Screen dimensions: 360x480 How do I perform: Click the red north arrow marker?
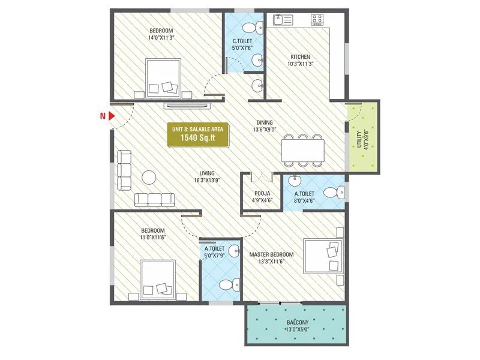pos(103,116)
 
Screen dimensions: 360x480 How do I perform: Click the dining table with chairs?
pos(303,149)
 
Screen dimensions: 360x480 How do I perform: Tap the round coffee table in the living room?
pos(149,177)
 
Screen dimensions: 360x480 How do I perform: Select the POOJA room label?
pos(262,193)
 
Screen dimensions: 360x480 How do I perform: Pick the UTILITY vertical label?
pos(359,139)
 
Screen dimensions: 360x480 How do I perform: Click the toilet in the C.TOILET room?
pos(257,26)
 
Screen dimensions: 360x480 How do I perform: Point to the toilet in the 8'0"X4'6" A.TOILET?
pos(334,193)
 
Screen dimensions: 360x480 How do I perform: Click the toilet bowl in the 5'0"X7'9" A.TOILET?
pos(226,285)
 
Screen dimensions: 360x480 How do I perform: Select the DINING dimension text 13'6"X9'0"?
pos(265,128)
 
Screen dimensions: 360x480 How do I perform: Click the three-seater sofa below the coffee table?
pos(155,200)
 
